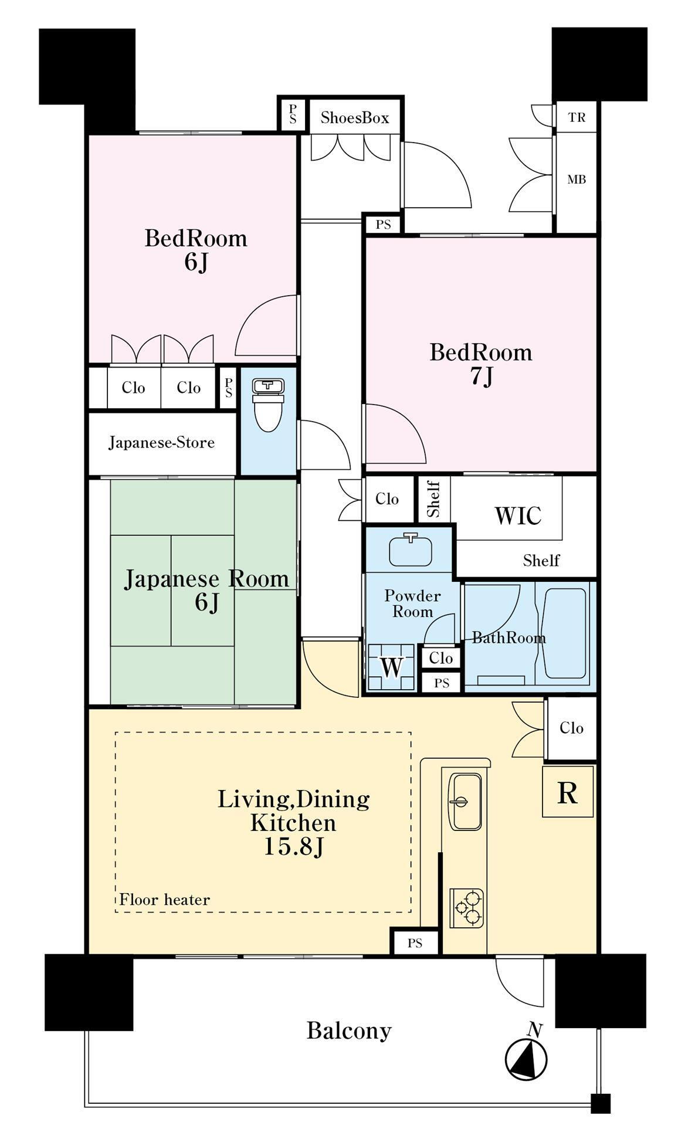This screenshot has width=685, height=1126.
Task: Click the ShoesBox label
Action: click(354, 118)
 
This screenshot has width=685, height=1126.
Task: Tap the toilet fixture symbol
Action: click(268, 405)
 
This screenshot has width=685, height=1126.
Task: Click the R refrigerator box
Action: click(567, 792)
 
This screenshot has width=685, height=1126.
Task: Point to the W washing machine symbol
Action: click(391, 667)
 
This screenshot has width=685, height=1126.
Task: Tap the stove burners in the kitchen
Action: click(467, 908)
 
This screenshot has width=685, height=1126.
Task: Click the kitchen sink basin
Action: click(465, 802)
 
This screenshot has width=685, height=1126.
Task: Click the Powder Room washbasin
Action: click(411, 550)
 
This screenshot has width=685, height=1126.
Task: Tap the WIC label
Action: click(518, 515)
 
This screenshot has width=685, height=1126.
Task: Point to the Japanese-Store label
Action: click(161, 442)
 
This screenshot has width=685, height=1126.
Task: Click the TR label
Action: click(577, 117)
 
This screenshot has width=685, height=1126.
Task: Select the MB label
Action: click(577, 179)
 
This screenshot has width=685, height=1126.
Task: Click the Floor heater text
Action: click(164, 899)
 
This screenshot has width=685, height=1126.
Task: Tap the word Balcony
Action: click(349, 1030)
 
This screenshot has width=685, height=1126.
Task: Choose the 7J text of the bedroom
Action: click(481, 377)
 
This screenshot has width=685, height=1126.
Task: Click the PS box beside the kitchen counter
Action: click(415, 943)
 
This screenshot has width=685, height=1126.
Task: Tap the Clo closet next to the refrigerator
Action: click(571, 728)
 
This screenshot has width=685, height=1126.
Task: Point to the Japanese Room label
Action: click(206, 579)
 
